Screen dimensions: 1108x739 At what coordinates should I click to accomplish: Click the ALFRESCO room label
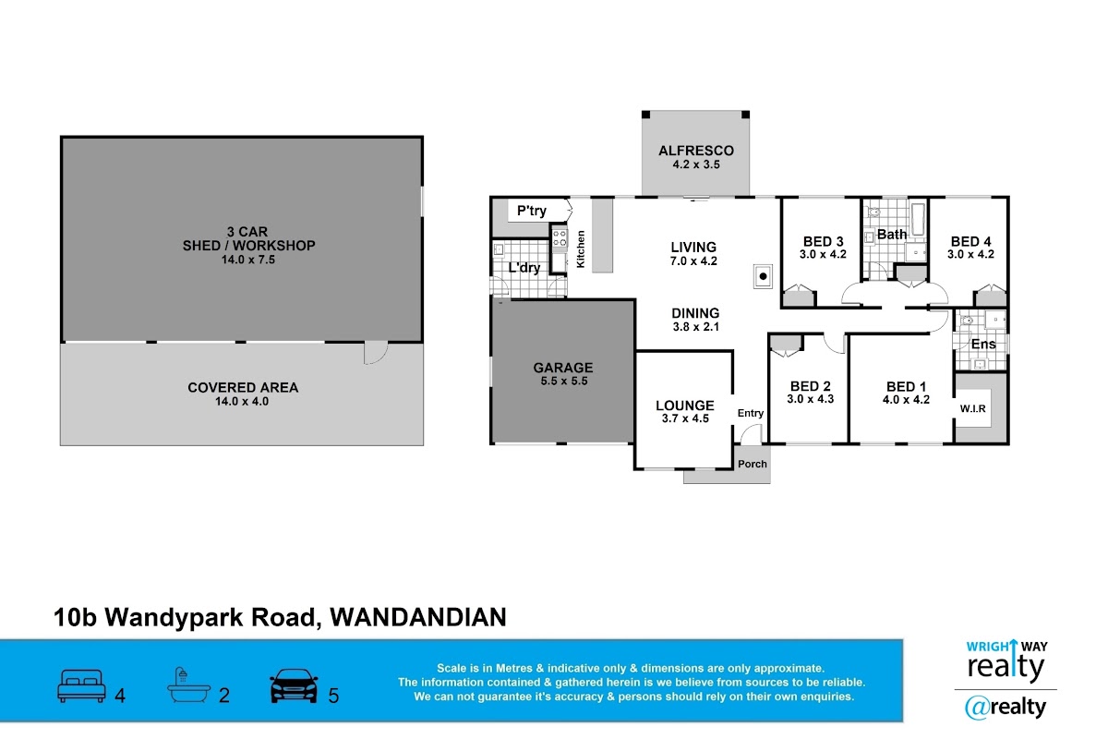696,151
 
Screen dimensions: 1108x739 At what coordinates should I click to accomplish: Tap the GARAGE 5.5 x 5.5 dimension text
564,382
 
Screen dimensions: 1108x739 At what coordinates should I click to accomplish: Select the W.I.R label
972,408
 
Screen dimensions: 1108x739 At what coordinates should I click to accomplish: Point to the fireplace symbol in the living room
763,276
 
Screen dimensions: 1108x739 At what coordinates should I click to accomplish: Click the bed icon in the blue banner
81,685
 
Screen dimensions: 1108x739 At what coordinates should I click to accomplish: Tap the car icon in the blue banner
294,685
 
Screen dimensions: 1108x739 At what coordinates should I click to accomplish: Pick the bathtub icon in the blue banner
189,685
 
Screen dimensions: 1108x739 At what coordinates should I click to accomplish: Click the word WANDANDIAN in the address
418,617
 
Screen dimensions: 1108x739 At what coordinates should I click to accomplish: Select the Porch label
752,465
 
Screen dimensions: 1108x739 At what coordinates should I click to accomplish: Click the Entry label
751,413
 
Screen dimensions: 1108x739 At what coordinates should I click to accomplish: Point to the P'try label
532,212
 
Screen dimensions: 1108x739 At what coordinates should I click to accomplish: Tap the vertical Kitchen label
581,249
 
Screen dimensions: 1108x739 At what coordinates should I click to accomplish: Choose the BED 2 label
811,386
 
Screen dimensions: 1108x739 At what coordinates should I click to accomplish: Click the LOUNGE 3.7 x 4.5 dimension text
685,418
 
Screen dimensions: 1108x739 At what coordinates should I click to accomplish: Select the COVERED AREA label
243,388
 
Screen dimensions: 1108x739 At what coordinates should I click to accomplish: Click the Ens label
983,344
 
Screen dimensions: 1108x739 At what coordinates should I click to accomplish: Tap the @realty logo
1006,708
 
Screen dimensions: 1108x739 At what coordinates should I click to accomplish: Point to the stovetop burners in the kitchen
560,238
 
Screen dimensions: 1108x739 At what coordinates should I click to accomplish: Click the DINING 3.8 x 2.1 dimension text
696,327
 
